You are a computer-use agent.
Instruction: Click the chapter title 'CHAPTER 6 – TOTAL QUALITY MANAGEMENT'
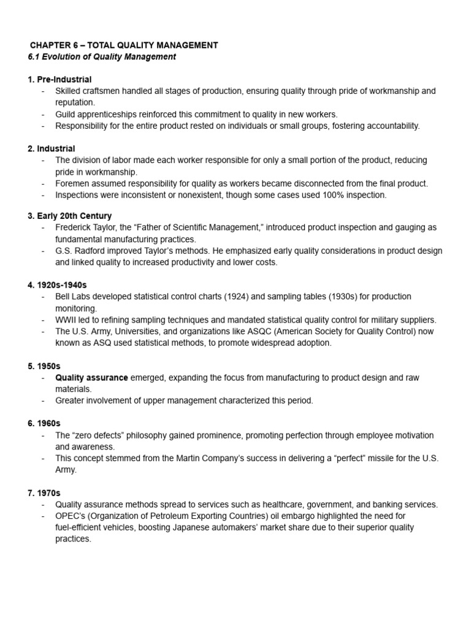click(124, 45)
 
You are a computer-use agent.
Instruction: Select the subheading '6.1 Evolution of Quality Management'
click(102, 56)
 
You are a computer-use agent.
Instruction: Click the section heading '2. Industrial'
click(52, 148)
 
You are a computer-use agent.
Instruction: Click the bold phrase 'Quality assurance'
click(91, 378)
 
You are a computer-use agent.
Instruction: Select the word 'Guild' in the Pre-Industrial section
click(66, 114)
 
